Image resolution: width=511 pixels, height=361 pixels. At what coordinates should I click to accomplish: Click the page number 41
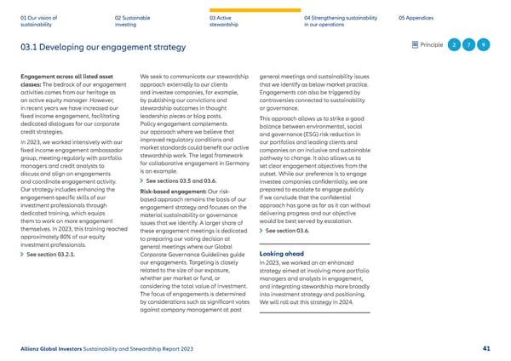[x=485, y=348]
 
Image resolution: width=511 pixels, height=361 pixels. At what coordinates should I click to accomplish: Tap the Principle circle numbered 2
[x=455, y=44]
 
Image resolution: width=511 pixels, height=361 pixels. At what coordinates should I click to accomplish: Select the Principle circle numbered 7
[x=469, y=44]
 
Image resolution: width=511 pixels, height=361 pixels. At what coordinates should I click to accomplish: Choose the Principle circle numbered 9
[x=484, y=44]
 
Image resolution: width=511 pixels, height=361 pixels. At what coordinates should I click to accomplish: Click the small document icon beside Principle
[x=414, y=44]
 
